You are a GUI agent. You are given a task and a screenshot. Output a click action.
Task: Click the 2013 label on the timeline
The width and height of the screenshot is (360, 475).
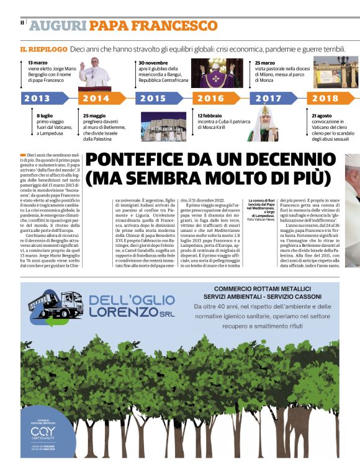[x=37, y=98]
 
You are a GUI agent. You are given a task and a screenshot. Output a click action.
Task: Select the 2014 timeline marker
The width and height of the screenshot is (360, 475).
[x=96, y=98]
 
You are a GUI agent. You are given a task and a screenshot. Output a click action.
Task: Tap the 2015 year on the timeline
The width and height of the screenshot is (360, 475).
[x=153, y=98]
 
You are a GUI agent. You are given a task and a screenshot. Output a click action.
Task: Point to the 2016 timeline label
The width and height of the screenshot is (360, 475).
[x=211, y=98]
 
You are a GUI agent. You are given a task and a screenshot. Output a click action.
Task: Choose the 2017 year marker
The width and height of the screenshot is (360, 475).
[x=268, y=98]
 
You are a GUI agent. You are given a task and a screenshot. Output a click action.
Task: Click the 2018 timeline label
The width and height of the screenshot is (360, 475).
[x=325, y=98]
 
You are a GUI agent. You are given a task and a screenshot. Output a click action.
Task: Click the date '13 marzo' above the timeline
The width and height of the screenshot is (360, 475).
[x=38, y=63]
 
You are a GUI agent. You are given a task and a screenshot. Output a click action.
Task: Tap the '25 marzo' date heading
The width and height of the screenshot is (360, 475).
[x=265, y=63]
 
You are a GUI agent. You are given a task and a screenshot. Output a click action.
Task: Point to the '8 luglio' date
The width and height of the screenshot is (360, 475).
[x=46, y=116]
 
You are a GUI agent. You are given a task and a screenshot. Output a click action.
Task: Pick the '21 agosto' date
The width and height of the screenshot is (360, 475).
[x=323, y=116]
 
